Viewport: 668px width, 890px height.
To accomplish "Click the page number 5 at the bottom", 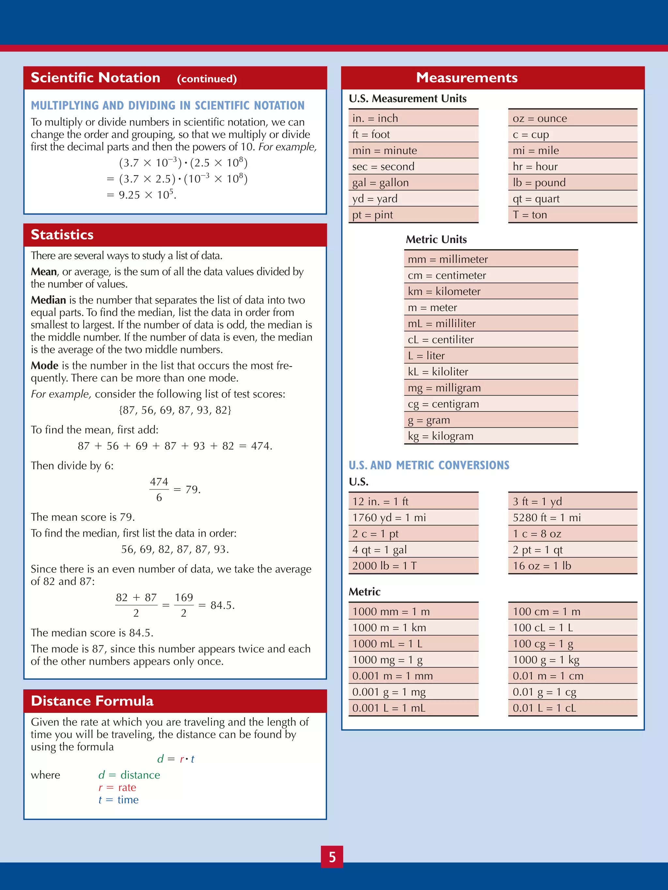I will tap(332, 857).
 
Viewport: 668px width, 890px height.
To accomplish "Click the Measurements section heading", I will tap(467, 78).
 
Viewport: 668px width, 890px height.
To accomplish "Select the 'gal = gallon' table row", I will tap(413, 183).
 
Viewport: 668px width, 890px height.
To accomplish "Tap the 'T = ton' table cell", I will tap(572, 215).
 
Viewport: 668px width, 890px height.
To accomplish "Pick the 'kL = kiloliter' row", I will tap(491, 372).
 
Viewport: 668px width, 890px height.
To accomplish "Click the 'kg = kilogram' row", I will tap(491, 436).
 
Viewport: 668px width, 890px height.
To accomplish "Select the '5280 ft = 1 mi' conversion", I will tap(572, 518).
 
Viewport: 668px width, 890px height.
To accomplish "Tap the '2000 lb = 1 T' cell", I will tap(413, 566).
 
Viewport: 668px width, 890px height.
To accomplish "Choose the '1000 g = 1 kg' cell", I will tap(572, 660).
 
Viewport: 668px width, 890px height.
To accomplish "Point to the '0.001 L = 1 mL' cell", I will tap(413, 708).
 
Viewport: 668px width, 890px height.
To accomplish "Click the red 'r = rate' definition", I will tap(117, 787).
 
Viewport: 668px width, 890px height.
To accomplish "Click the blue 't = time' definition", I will tap(119, 800).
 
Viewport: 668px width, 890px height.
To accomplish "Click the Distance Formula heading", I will tap(92, 701).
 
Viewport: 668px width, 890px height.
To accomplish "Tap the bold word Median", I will tap(48, 300).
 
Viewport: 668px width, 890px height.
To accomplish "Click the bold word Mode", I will tap(45, 366).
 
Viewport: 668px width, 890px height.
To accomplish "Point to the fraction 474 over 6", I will tap(159, 490).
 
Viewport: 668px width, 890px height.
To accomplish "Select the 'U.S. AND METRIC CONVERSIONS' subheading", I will tap(429, 465).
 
